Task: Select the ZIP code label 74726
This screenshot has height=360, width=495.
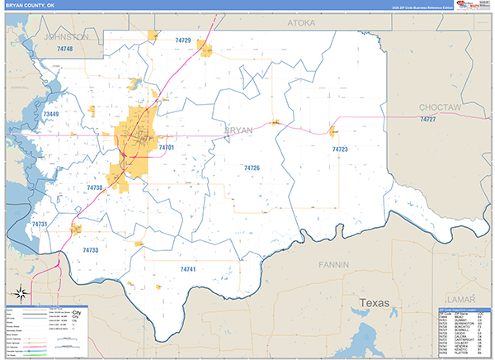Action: tap(252, 168)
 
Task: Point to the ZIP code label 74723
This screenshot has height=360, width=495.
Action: tap(340, 149)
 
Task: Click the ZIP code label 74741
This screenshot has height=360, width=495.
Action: tap(189, 269)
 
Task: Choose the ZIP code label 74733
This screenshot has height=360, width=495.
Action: tap(91, 249)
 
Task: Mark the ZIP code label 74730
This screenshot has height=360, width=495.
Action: tap(95, 188)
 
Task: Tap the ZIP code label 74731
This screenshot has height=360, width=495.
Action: tap(40, 225)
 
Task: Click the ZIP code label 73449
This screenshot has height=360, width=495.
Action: tap(51, 113)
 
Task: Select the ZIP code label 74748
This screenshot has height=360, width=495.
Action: tap(64, 50)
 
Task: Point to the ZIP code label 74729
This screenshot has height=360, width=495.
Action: tap(182, 40)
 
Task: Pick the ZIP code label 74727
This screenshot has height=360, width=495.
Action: tap(427, 121)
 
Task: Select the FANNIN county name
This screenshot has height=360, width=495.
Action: tap(335, 265)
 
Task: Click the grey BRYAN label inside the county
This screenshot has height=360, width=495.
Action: tap(238, 130)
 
